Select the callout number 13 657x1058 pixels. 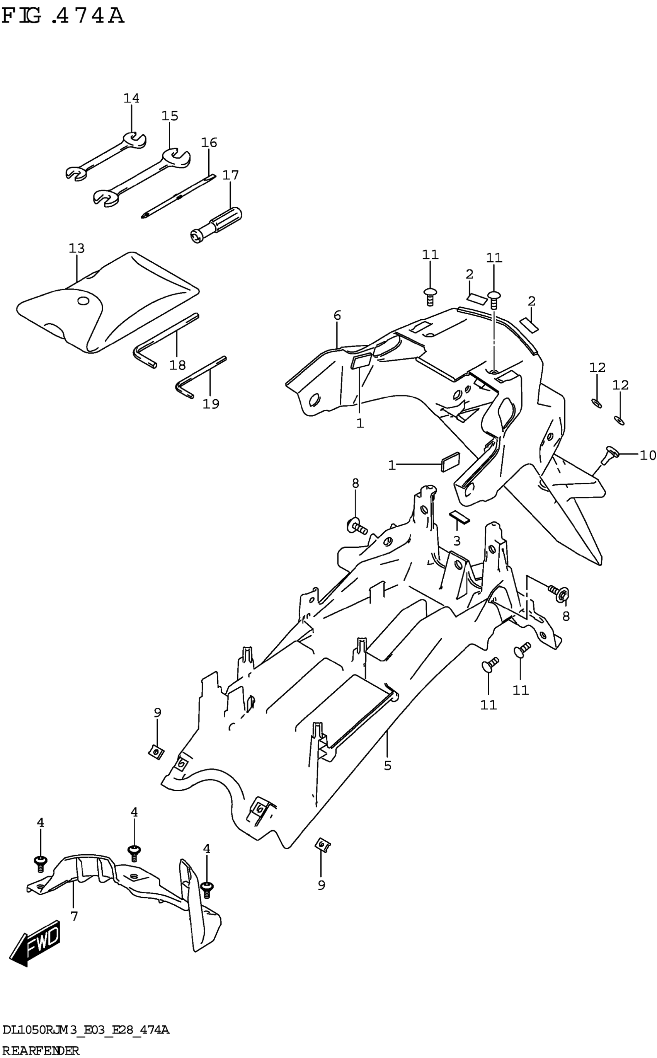pyautogui.click(x=77, y=249)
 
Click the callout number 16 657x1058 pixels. pyautogui.click(x=209, y=143)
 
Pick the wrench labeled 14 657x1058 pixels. pyautogui.click(x=106, y=157)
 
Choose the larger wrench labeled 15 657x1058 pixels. pyautogui.click(x=141, y=178)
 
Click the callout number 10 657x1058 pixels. pyautogui.click(x=647, y=455)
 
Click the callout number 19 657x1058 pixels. pyautogui.click(x=211, y=404)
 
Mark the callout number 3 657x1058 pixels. pyautogui.click(x=456, y=540)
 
